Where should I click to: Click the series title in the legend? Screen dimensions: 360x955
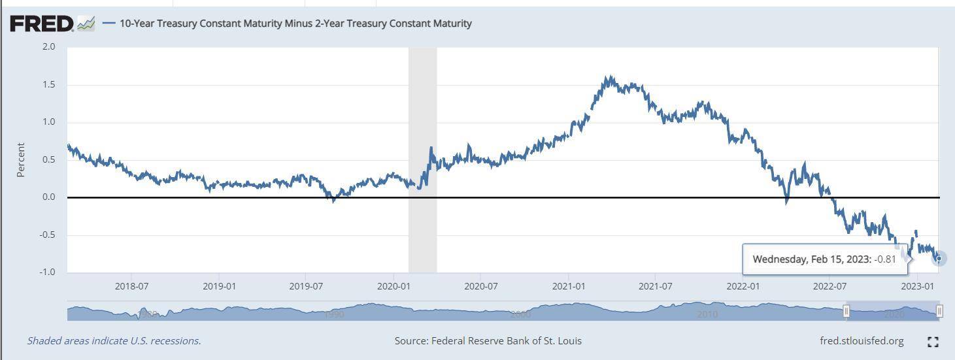point(295,24)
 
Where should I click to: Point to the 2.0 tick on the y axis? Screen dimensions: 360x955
point(48,47)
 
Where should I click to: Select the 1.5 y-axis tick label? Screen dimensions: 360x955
point(48,85)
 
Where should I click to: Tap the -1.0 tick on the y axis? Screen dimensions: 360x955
point(46,272)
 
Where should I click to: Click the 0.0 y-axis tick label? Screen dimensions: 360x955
point(48,197)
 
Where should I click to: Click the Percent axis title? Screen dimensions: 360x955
point(21,160)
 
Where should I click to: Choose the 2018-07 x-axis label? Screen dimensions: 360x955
point(131,286)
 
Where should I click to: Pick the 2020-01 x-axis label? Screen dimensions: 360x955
point(394,286)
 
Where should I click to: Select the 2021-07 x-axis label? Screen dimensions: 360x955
point(656,286)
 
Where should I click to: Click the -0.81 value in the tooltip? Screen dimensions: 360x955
point(886,259)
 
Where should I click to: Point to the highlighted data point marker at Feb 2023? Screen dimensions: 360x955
point(939,259)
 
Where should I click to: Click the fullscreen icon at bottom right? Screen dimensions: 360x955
point(933,342)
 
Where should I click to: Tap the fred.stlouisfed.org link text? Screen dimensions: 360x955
point(862,341)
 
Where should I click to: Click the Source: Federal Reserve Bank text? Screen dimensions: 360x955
point(488,341)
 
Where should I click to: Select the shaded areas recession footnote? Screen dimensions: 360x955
point(114,341)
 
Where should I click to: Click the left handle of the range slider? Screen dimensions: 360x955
point(846,311)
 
